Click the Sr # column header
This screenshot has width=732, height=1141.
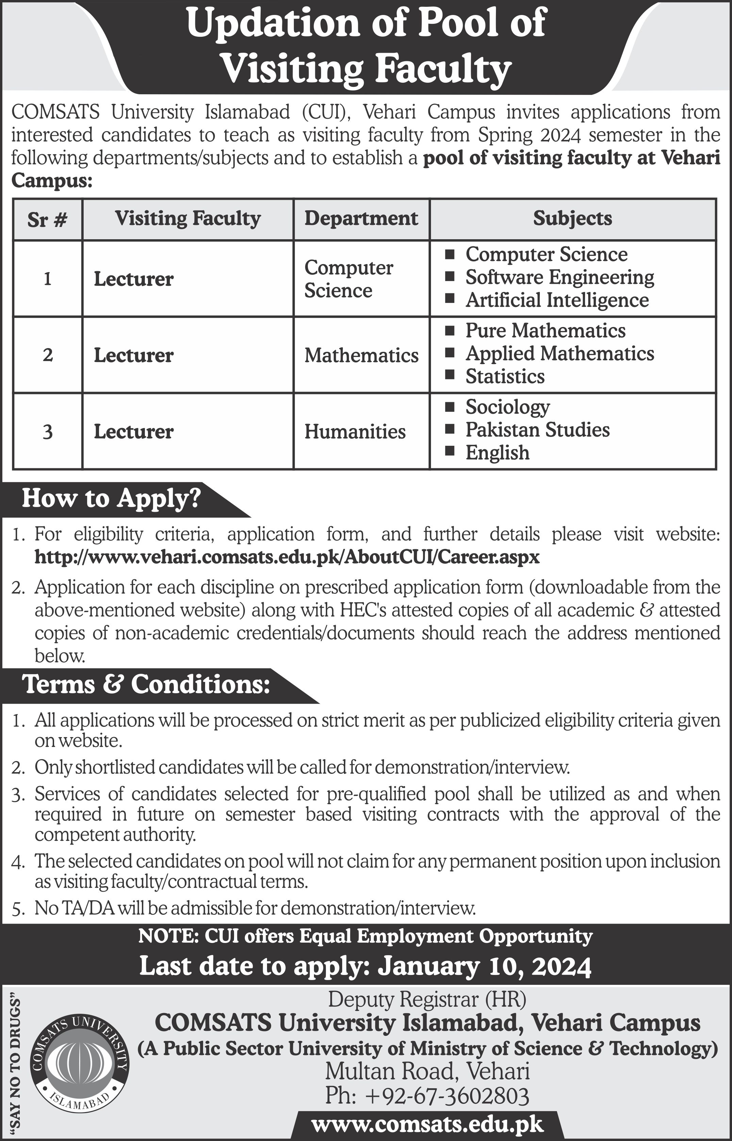(x=47, y=219)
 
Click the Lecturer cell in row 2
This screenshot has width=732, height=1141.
(x=134, y=356)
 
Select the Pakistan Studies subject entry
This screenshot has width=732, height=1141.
(x=537, y=430)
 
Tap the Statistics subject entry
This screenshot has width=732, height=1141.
(x=505, y=376)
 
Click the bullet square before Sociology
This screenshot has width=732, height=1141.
(x=449, y=407)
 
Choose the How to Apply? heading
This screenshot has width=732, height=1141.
(x=111, y=498)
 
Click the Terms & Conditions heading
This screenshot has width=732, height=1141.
(x=146, y=685)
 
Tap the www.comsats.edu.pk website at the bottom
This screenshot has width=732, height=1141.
(x=427, y=1124)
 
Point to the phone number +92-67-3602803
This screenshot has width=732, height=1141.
(x=427, y=1097)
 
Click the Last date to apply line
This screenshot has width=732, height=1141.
(x=365, y=966)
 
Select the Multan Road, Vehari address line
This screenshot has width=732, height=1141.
(x=427, y=1072)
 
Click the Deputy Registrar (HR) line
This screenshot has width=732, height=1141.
(x=427, y=1000)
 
